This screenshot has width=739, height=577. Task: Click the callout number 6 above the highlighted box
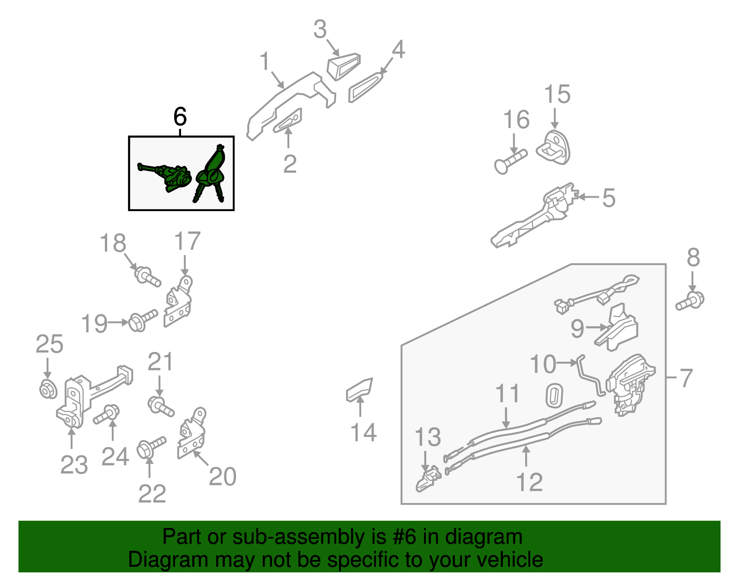tap(180, 116)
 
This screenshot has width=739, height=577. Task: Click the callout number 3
tap(320, 29)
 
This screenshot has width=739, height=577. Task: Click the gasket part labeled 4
tap(365, 87)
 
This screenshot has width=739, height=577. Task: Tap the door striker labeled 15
tap(554, 147)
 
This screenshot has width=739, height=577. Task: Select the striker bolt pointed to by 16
tap(510, 162)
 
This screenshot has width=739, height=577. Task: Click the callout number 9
tap(577, 328)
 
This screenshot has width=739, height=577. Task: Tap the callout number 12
tap(529, 482)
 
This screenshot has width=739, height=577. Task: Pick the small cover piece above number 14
tap(359, 390)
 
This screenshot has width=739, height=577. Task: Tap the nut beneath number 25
tap(48, 389)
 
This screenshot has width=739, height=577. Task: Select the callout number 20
tap(223, 476)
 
